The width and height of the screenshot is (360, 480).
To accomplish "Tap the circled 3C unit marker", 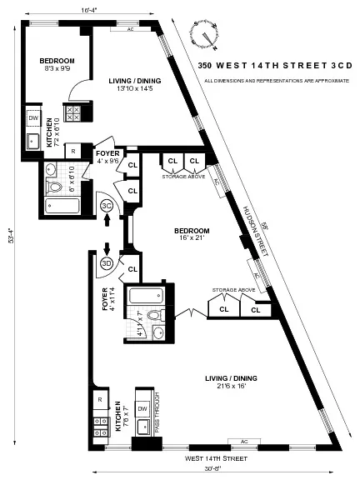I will tap(107, 206).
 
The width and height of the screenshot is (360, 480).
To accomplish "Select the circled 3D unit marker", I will tap(107, 264).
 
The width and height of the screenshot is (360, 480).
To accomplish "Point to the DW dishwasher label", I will tap(33, 118).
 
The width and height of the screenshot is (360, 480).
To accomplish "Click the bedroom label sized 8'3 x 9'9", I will tap(57, 65).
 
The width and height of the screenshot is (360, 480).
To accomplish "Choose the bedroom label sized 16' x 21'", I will tap(191, 234).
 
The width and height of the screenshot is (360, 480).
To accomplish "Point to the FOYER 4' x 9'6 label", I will tap(108, 157).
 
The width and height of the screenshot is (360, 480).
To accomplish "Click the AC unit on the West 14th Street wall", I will tap(244, 441).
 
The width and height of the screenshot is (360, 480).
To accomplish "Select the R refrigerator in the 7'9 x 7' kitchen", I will tap(99, 400).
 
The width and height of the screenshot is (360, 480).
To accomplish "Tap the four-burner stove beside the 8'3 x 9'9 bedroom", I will tap(72, 112).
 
